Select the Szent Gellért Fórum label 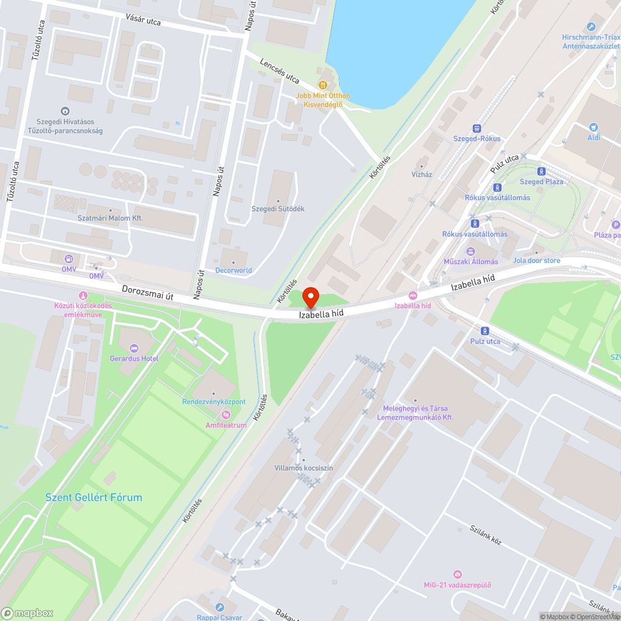[94, 497]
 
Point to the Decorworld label [233, 270]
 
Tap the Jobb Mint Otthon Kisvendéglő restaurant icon [322, 85]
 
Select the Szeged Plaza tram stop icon [542, 171]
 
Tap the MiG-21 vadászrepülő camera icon [458, 574]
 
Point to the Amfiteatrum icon [226, 415]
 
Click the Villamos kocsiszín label [304, 468]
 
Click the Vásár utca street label [143, 22]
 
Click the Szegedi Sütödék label [278, 209]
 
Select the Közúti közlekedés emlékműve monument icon [83, 295]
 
